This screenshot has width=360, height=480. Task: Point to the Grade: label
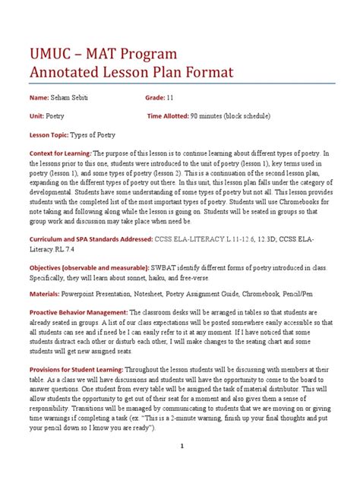point(159,97)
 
